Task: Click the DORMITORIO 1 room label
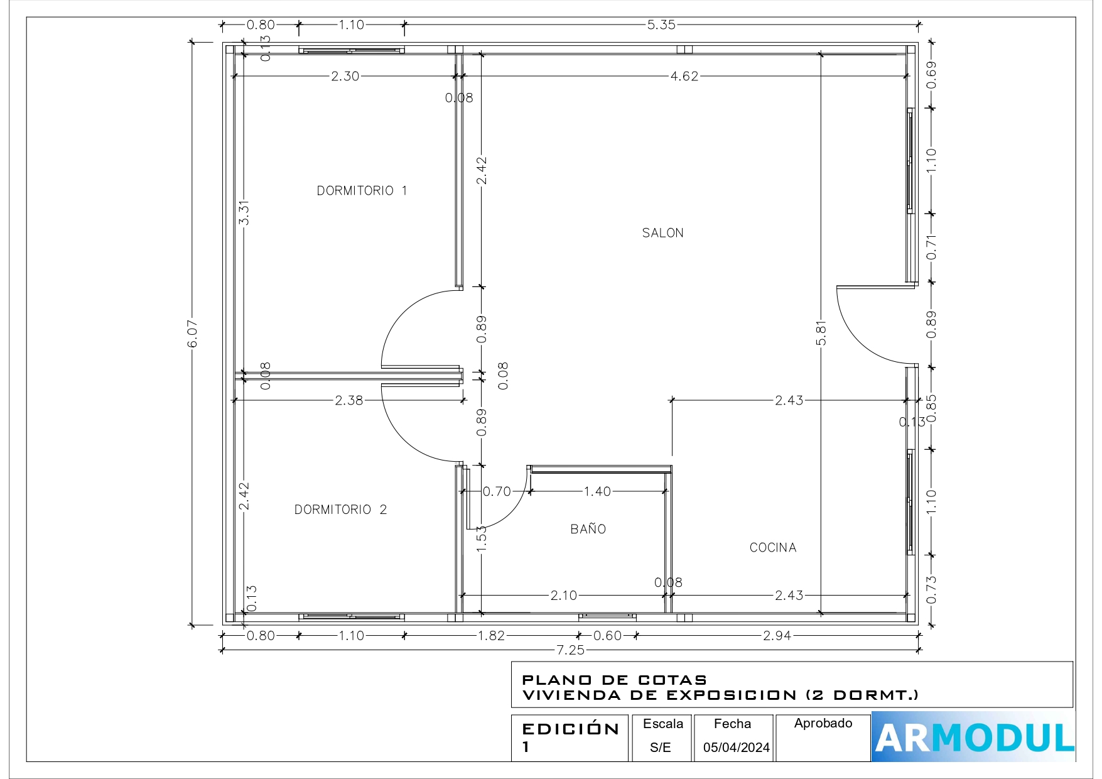(362, 190)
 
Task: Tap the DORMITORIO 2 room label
(340, 509)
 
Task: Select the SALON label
(662, 233)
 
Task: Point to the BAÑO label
(588, 529)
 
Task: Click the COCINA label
(773, 548)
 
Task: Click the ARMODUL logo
(973, 737)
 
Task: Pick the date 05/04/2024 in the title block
(736, 747)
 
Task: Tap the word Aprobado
(823, 723)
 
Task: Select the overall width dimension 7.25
(570, 650)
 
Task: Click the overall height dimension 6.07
(193, 334)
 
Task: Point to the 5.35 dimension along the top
(661, 25)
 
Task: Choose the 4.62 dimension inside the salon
(684, 76)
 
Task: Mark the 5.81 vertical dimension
(821, 333)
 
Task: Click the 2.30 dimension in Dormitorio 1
(345, 76)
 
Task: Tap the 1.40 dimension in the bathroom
(597, 491)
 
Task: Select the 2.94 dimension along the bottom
(777, 635)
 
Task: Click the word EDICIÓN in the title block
(571, 729)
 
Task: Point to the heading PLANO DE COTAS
(615, 680)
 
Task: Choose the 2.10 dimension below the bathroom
(563, 595)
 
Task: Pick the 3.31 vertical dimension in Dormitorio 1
(244, 212)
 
